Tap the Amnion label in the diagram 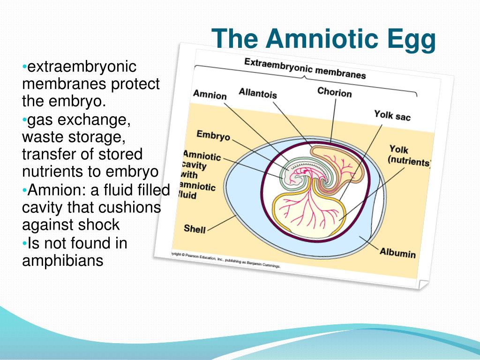(210, 95)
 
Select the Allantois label (257, 93)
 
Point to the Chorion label (334, 92)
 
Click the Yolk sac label (392, 115)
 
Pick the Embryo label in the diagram (213, 135)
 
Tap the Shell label (195, 229)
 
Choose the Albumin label (397, 253)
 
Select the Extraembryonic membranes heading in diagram (305, 68)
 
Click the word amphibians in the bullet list (62, 261)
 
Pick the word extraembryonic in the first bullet (82, 67)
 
